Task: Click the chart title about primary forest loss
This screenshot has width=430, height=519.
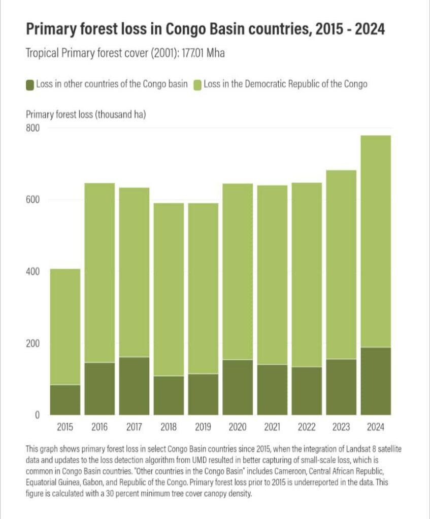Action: [205, 29]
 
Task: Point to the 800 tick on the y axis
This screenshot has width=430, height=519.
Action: [32, 128]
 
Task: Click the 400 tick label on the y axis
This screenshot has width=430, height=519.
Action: [32, 272]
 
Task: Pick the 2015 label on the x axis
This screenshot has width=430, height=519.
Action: [65, 427]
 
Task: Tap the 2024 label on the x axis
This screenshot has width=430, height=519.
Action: [376, 427]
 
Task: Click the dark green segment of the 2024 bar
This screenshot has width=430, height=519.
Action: [376, 381]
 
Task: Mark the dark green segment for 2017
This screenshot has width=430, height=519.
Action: [134, 386]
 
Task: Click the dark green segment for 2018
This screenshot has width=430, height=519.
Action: [169, 395]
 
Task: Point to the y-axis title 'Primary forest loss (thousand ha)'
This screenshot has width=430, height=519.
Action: [86, 115]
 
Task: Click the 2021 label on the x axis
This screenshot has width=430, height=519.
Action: [272, 427]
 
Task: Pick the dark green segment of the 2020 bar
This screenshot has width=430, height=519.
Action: [238, 387]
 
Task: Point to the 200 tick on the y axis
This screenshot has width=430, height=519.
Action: [32, 344]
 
